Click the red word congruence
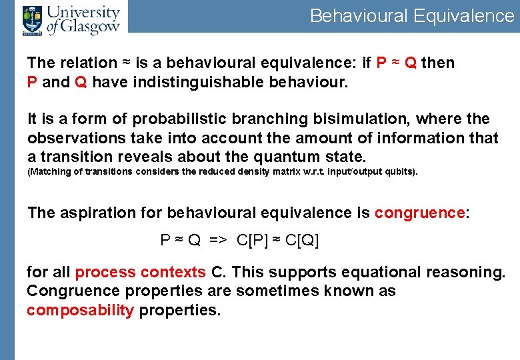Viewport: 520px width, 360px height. click(419, 213)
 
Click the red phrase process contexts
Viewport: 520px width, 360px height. click(141, 273)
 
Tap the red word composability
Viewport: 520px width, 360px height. click(80, 310)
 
